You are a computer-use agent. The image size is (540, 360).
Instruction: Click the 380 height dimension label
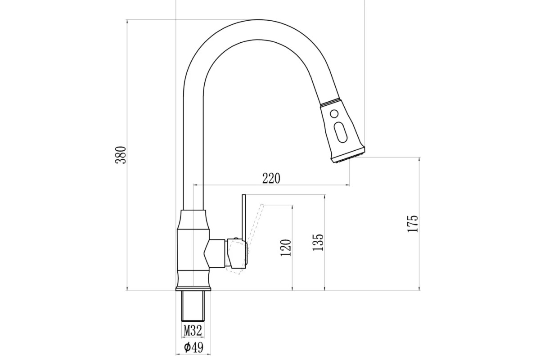(x=121, y=155)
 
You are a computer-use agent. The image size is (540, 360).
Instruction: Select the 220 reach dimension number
(x=271, y=179)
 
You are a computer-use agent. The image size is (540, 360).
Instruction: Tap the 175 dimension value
(x=413, y=223)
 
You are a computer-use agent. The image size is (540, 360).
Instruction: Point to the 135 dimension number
(x=318, y=242)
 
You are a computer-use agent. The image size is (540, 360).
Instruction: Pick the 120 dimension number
(x=286, y=247)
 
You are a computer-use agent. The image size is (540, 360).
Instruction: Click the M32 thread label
(x=193, y=330)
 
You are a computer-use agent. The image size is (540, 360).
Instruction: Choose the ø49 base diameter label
(x=193, y=347)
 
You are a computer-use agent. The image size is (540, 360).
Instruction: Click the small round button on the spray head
(x=334, y=113)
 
